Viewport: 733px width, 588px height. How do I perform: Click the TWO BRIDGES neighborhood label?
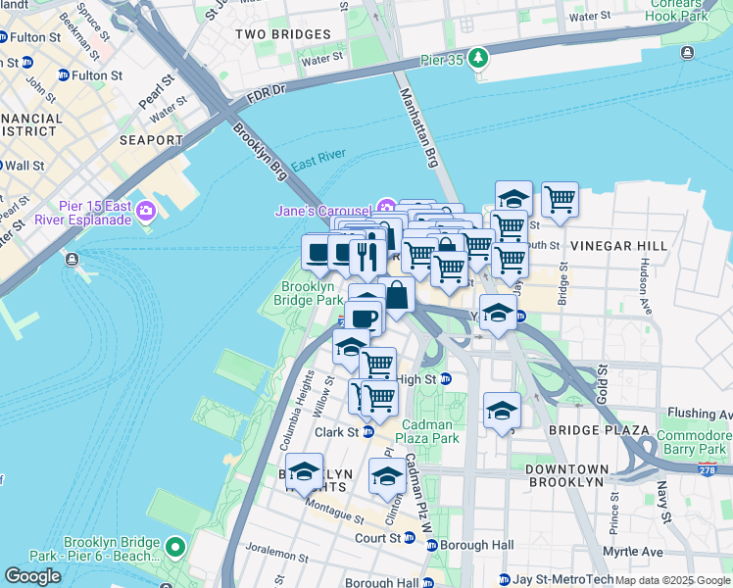point(282,34)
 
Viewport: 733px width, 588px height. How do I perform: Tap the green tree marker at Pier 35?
point(477,59)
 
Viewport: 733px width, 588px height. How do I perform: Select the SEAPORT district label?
point(151,140)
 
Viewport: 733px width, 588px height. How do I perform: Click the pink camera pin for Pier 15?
point(147,211)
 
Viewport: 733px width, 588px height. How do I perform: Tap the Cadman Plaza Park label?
point(429,431)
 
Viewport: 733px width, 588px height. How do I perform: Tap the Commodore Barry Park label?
point(694,443)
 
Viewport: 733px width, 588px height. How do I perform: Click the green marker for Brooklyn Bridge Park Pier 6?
point(175,547)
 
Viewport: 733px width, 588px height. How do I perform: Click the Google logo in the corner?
point(32,576)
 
